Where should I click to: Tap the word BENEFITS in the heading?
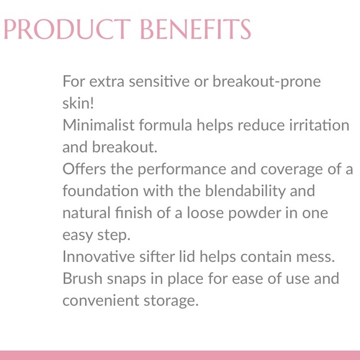pyautogui.click(x=197, y=29)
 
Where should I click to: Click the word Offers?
pyautogui.click(x=82, y=169)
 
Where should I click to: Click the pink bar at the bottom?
pyautogui.click(x=180, y=355)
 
